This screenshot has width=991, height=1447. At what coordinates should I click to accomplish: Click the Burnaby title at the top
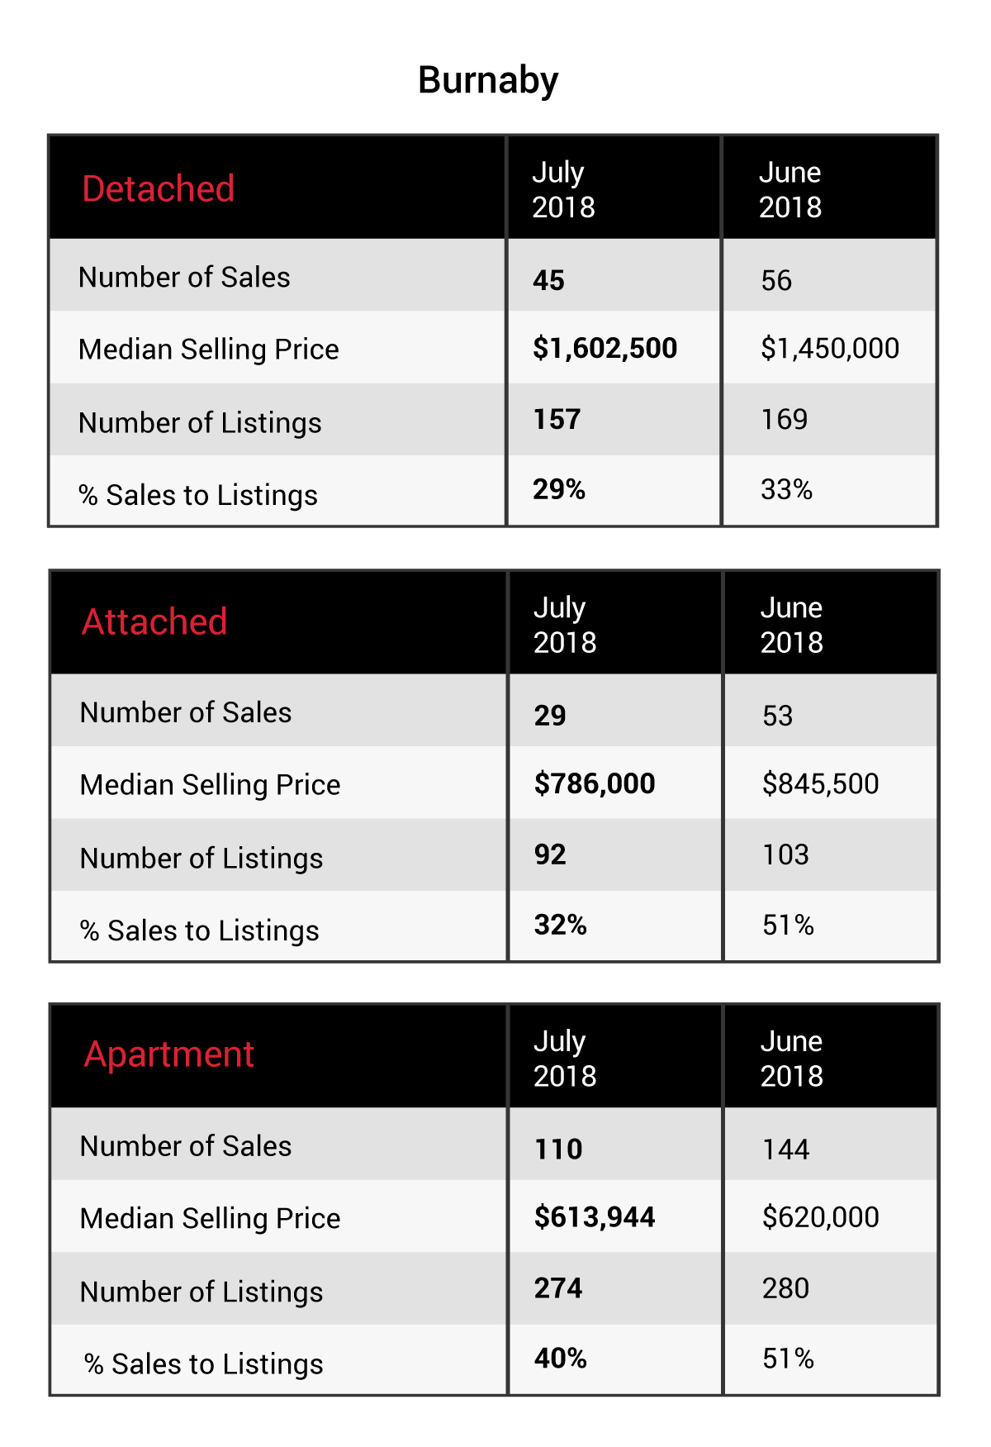point(488,81)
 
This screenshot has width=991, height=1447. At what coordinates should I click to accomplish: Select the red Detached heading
point(159,188)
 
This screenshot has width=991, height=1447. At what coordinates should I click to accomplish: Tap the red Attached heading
point(154,621)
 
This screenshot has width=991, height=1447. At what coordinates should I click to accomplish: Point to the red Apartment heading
point(169,1055)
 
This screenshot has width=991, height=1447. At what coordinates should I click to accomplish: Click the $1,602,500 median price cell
point(605,349)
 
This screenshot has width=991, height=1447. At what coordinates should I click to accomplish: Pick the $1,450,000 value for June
point(830,349)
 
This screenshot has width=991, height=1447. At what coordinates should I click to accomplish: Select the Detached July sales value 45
point(549,280)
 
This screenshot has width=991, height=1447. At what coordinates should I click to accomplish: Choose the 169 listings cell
point(785,419)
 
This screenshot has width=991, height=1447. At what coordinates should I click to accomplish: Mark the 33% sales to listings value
point(787,489)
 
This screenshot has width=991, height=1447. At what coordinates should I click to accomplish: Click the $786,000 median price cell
point(595,783)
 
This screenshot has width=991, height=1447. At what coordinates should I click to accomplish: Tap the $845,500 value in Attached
point(821,783)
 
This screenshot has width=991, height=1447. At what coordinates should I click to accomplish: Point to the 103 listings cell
point(786,854)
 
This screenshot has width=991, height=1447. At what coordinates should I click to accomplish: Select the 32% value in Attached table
point(561,925)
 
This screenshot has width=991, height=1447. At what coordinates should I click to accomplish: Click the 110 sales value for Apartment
point(559,1150)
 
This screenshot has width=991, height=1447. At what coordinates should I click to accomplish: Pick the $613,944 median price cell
point(595,1217)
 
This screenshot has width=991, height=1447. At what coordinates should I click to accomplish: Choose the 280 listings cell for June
point(786,1288)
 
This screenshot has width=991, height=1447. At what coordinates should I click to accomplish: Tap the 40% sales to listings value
point(561,1359)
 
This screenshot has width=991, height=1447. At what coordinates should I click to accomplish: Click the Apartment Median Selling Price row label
point(211,1219)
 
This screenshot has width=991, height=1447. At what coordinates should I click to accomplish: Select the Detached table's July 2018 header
point(563,189)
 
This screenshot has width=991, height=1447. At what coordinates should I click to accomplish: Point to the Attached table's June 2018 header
point(792,625)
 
